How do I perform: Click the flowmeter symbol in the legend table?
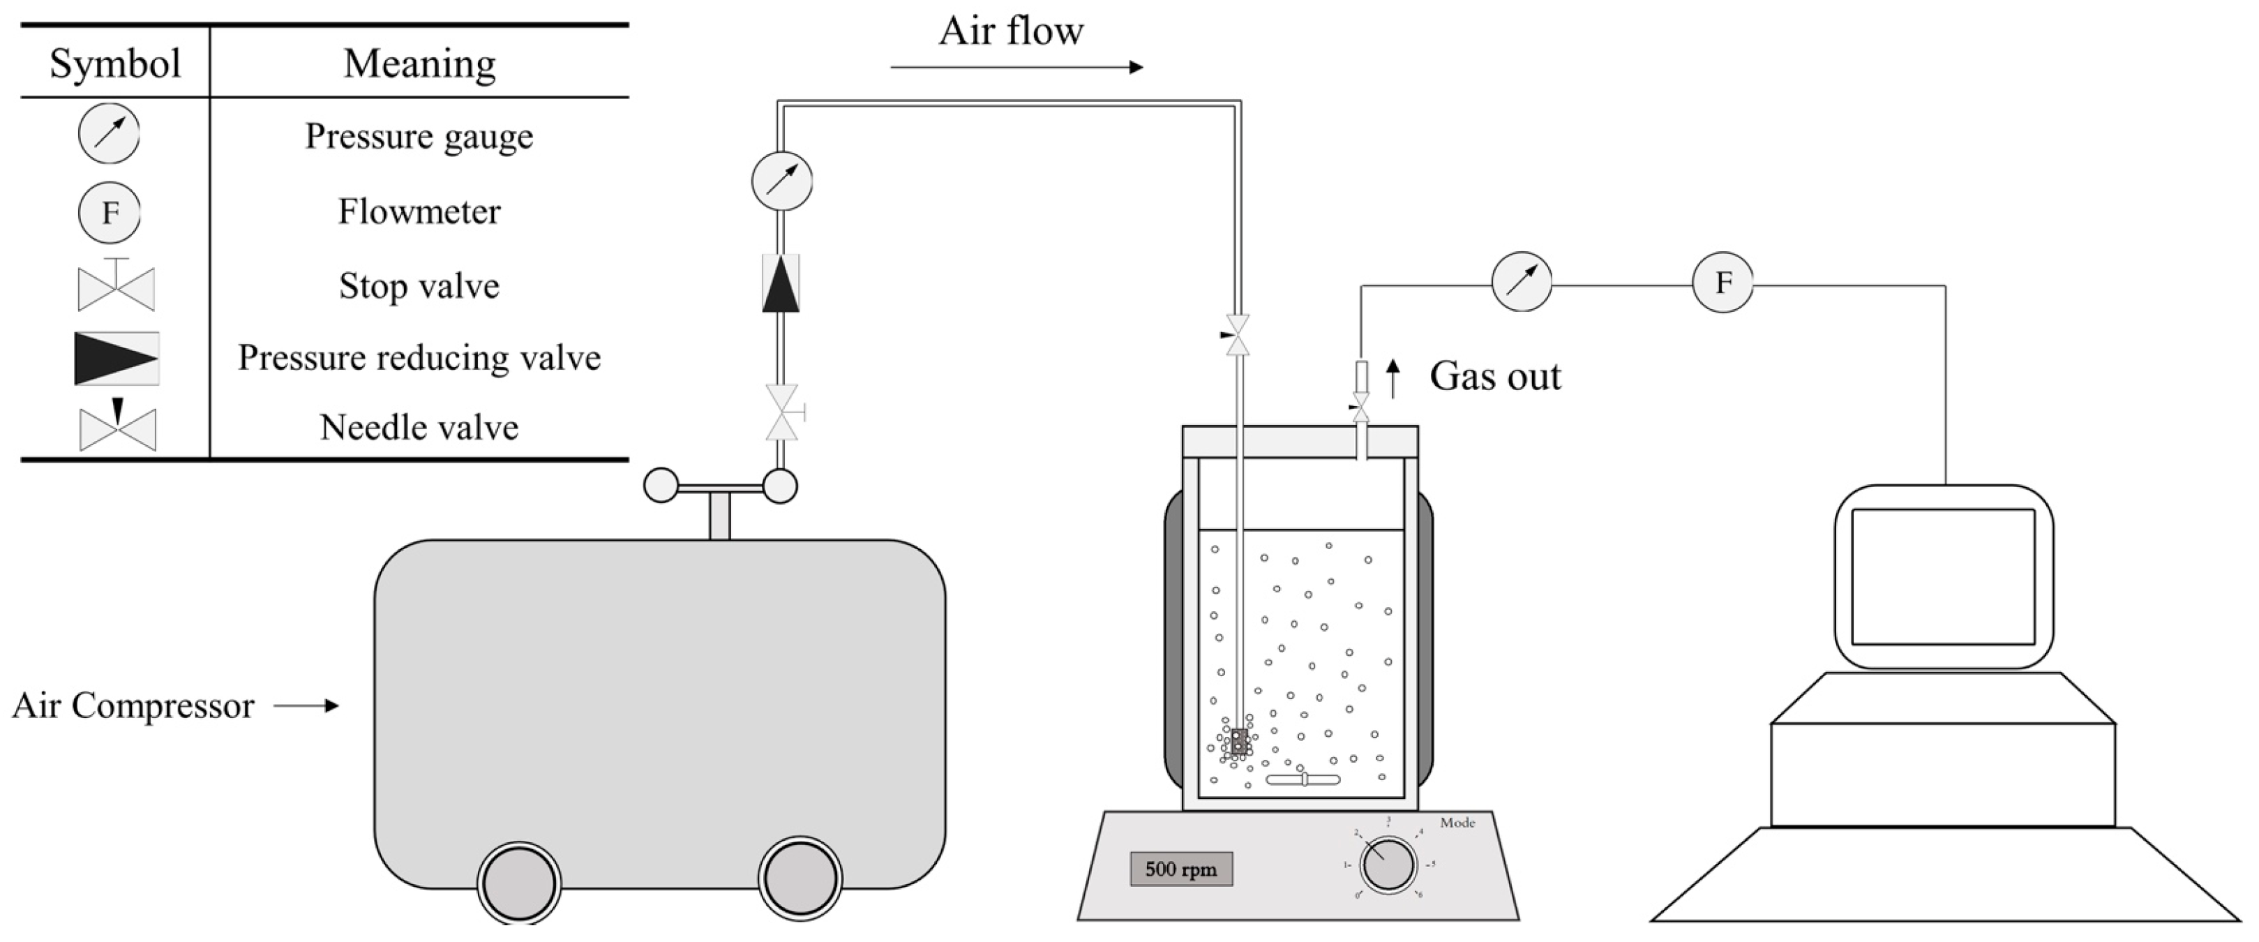(x=110, y=212)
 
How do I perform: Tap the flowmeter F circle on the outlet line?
(x=1723, y=283)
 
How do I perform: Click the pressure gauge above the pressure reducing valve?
(x=781, y=181)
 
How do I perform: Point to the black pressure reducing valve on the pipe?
(x=781, y=283)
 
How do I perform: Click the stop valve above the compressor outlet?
(x=782, y=412)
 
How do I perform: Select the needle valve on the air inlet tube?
(x=1238, y=335)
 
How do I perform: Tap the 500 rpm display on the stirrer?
(x=1180, y=869)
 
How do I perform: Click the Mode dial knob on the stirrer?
(x=1388, y=865)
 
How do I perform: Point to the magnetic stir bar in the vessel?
(x=1303, y=779)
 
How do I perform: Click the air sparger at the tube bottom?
(x=1239, y=741)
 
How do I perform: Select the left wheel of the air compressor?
(x=519, y=883)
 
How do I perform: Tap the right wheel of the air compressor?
(x=800, y=877)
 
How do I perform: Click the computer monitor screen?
(x=1943, y=576)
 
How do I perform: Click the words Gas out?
(x=1495, y=376)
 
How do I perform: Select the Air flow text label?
(x=1010, y=31)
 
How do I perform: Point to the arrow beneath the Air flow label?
(x=1016, y=68)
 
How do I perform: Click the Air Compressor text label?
(x=133, y=705)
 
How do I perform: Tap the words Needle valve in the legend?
(x=419, y=428)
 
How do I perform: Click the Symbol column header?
(x=115, y=63)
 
